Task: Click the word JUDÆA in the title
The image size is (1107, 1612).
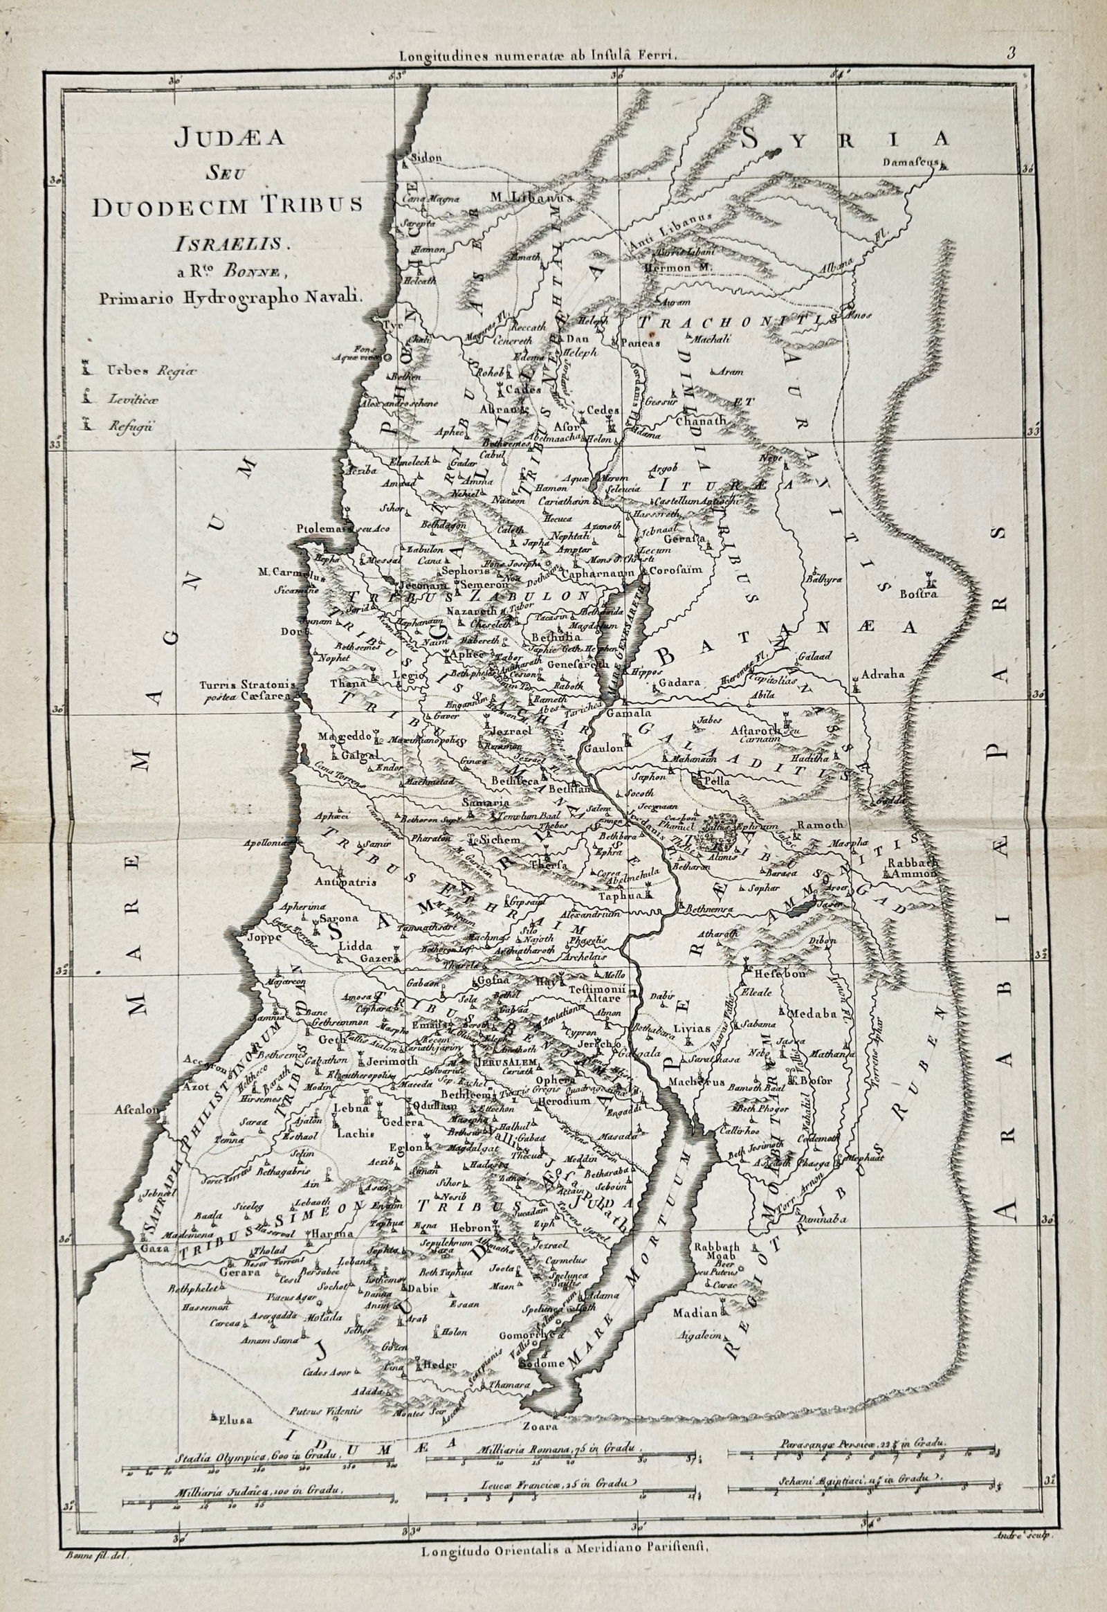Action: (228, 137)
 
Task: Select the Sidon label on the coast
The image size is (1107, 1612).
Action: (427, 158)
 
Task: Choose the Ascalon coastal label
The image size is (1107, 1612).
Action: (135, 1110)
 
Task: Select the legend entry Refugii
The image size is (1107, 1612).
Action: (129, 426)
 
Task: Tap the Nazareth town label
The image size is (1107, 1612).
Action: (473, 611)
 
